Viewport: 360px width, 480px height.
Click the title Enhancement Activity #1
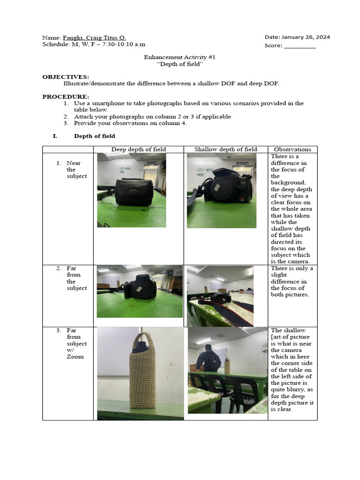(180, 57)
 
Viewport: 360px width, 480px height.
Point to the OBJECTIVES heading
(66, 77)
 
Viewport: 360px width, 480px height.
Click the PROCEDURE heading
(66, 97)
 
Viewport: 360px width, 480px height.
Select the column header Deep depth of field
(138, 150)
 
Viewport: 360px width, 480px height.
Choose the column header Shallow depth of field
(226, 150)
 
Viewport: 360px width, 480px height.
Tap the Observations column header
(292, 150)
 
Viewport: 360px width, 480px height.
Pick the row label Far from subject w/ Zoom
(75, 343)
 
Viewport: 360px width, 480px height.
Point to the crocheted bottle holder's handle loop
(142, 342)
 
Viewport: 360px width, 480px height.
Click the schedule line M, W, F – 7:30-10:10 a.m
(94, 45)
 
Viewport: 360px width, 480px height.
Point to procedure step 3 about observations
(130, 123)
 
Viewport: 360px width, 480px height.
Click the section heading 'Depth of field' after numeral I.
(94, 136)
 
